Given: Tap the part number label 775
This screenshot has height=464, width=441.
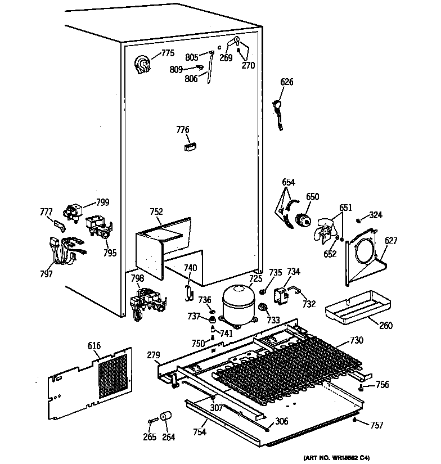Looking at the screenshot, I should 168,53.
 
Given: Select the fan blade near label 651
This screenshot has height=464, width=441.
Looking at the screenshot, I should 325,229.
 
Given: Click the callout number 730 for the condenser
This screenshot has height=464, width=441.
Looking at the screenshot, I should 357,340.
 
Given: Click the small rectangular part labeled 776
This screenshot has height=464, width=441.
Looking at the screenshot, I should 189,147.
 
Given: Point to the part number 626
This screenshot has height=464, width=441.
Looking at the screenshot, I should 287,82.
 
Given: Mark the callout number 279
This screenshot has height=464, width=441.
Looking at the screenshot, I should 154,355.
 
